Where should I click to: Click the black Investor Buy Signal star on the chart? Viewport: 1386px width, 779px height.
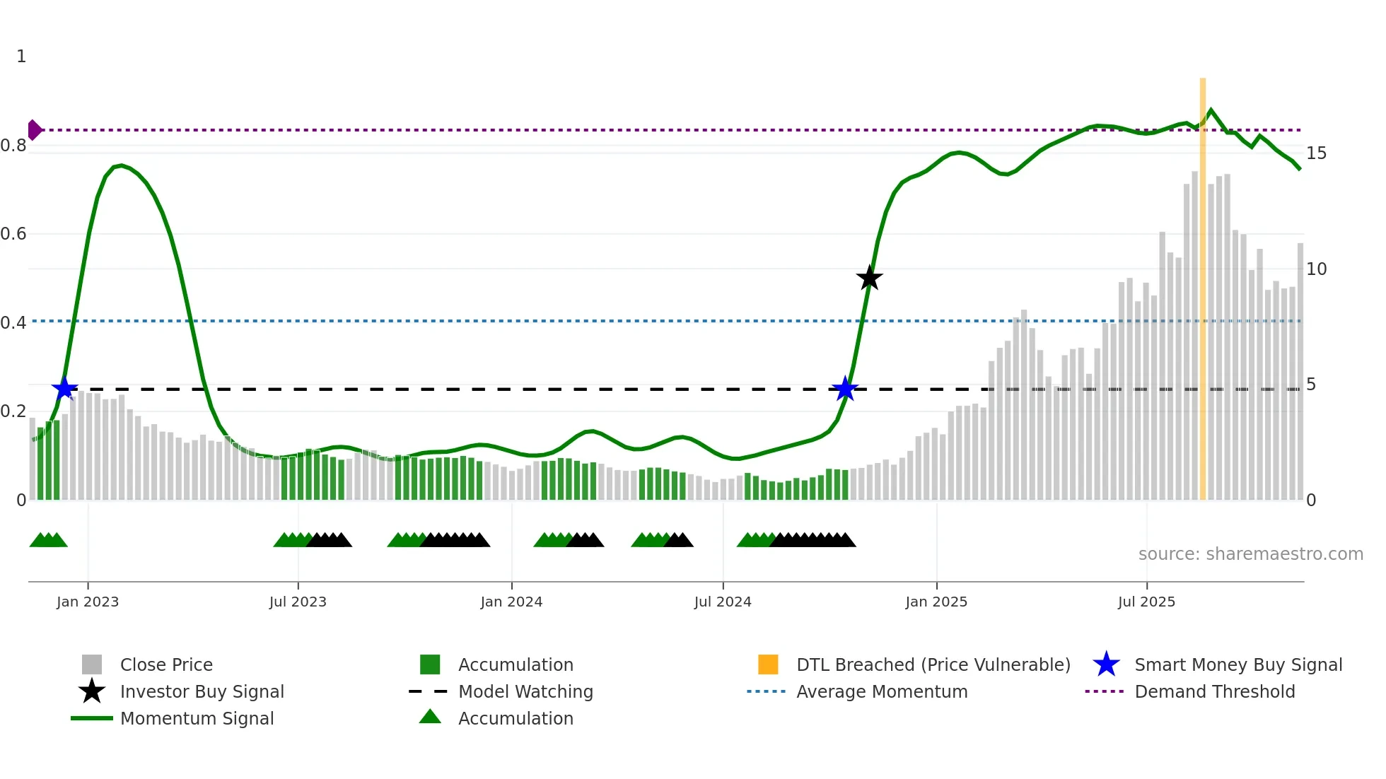pyautogui.click(x=869, y=278)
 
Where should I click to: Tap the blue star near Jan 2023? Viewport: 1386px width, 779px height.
pyautogui.click(x=64, y=388)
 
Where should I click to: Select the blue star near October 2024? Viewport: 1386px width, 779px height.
pyautogui.click(x=844, y=388)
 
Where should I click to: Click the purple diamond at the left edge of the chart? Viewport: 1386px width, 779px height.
pyautogui.click(x=34, y=130)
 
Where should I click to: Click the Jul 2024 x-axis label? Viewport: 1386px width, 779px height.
pyautogui.click(x=723, y=602)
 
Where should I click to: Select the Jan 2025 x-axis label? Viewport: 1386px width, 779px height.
pyautogui.click(x=936, y=602)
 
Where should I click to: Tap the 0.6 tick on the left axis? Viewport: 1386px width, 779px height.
pyautogui.click(x=13, y=234)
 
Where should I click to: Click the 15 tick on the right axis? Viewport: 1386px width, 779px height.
pyautogui.click(x=1316, y=153)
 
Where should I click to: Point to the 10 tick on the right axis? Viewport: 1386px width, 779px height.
pyautogui.click(x=1316, y=269)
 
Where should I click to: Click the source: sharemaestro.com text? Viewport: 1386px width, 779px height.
pyautogui.click(x=1250, y=554)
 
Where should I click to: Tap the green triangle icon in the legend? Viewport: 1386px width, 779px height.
pyautogui.click(x=430, y=717)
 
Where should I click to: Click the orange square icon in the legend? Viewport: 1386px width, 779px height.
pyautogui.click(x=768, y=664)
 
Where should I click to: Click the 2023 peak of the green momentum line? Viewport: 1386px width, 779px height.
pyautogui.click(x=121, y=165)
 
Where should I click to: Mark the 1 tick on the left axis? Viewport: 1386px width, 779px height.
pyautogui.click(x=21, y=57)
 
